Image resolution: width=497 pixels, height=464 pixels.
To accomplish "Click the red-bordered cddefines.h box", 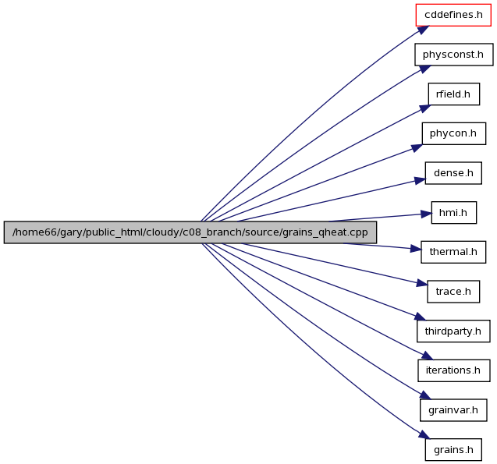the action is pos(453,15).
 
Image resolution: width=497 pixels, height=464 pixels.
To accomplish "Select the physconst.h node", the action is pos(454,55).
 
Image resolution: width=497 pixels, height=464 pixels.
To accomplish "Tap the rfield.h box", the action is pos(454,94).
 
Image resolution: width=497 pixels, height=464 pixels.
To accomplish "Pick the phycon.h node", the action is pos(454,133).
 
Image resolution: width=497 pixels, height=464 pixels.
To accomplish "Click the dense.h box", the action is pos(453,173).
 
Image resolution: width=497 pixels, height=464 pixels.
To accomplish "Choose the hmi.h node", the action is pos(454,213).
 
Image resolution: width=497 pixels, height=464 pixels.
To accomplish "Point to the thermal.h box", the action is pos(453,252).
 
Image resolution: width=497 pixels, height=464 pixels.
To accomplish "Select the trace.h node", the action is pos(453,292).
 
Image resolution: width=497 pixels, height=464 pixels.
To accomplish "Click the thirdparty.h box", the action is pos(453,331).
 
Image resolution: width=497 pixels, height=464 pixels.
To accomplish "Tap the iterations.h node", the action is pos(454,370).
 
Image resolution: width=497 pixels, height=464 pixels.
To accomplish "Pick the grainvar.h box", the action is pos(453,410).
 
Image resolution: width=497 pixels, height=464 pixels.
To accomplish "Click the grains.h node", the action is pos(453,450).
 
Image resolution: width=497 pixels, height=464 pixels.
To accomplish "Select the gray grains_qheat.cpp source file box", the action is pos(190,232).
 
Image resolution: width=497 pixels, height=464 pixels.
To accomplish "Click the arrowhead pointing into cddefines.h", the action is pos(424,30).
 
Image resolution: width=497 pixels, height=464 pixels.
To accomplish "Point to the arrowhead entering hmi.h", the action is pos(426,214).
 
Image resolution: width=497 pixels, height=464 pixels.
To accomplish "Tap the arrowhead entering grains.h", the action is pos(424,434).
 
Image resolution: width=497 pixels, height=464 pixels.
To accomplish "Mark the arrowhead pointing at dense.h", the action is pos(421,181).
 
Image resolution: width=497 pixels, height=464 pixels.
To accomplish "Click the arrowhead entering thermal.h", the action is pos(416,249).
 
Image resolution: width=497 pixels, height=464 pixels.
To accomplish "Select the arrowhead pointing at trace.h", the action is pos(422,283).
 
